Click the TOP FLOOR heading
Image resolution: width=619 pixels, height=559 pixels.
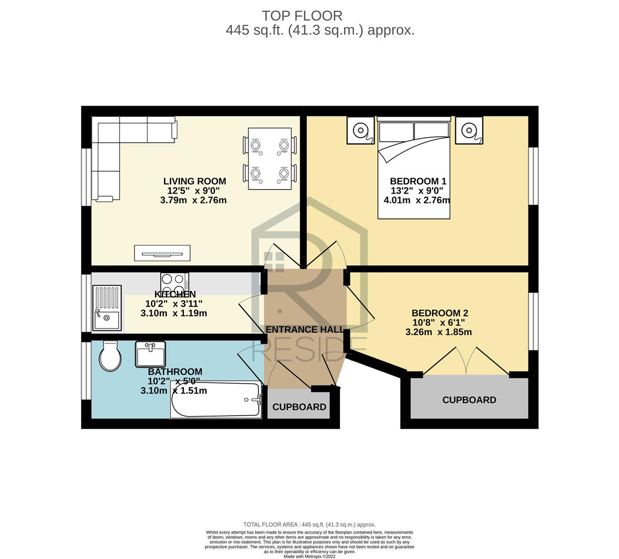(302, 16)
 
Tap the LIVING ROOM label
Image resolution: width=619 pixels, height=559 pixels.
(195, 181)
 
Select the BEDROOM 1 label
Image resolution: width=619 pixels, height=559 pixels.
(418, 181)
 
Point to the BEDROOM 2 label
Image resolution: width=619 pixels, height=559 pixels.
(440, 313)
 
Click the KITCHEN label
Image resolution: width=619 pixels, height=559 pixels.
(175, 294)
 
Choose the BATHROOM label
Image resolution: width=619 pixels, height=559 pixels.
(175, 372)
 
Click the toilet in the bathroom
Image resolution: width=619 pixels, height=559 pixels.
(110, 356)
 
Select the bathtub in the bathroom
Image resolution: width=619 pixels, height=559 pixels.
(216, 399)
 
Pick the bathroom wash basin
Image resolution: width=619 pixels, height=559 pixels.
(150, 354)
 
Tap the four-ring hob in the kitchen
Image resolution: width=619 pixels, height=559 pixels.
(174, 283)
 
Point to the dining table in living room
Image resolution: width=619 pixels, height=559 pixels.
(270, 159)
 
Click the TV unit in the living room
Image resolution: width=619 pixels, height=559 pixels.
(162, 253)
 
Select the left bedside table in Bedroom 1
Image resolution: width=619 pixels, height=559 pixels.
(361, 130)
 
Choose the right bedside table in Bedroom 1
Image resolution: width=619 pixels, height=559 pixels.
(469, 130)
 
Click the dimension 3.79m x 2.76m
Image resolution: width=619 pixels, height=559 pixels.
(194, 200)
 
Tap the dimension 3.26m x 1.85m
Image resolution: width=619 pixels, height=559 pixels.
(438, 332)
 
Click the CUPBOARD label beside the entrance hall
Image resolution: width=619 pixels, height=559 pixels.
(299, 407)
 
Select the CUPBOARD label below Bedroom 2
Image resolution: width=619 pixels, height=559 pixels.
(469, 400)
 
